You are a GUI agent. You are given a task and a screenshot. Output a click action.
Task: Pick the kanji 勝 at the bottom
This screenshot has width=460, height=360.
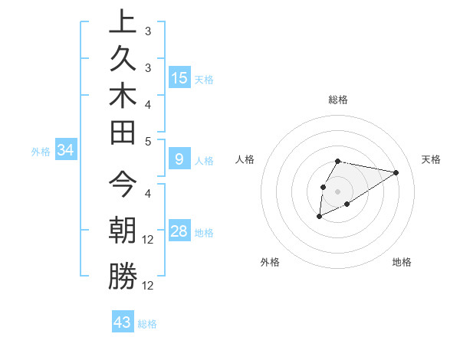click(x=123, y=277)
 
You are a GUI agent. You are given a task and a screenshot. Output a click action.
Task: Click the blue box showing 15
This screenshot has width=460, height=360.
click(x=179, y=78)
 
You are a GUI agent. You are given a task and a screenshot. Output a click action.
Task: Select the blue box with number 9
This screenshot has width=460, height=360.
click(x=179, y=159)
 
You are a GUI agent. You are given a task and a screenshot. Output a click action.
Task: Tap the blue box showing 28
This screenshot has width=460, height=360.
click(x=179, y=231)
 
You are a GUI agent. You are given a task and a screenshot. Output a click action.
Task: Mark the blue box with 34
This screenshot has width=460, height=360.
click(x=66, y=151)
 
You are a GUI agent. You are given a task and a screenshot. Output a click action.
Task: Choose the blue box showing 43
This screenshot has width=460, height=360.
click(x=123, y=322)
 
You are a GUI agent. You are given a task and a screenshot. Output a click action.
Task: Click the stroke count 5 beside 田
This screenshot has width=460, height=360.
click(x=148, y=142)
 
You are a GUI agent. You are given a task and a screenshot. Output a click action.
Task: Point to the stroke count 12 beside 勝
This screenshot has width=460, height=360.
click(x=149, y=286)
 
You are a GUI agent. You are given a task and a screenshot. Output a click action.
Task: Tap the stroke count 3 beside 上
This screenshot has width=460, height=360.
click(x=148, y=31)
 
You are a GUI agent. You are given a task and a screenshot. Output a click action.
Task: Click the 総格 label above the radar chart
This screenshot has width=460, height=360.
click(x=338, y=100)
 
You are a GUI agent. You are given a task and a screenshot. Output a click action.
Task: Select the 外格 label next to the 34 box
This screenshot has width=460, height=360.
click(x=41, y=152)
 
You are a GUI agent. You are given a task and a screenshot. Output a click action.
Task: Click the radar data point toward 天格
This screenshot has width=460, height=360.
click(x=396, y=172)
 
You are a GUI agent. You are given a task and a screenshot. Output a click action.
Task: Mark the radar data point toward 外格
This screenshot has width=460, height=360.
click(x=319, y=218)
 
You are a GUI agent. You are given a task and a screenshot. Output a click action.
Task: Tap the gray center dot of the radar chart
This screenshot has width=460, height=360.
click(x=338, y=191)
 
